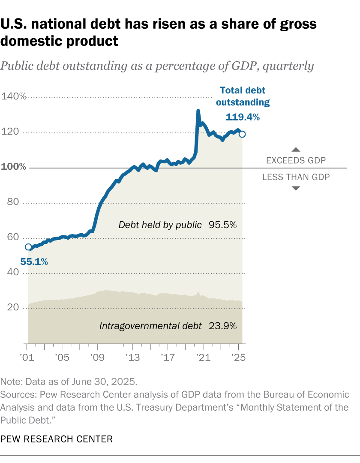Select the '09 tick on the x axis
coord(97,357)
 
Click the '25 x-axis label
coord(238,357)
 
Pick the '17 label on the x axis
coord(168,357)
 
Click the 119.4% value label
coord(243,117)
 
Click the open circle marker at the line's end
coord(242,134)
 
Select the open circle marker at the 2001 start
coord(28,247)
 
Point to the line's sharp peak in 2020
coord(198,111)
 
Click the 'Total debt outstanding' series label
coord(243,96)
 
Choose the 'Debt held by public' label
coord(160,225)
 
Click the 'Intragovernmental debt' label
coord(150,326)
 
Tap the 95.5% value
coord(223,225)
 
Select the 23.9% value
coord(223,326)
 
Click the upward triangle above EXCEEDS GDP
coord(296,150)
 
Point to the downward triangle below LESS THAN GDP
coord(296,188)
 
